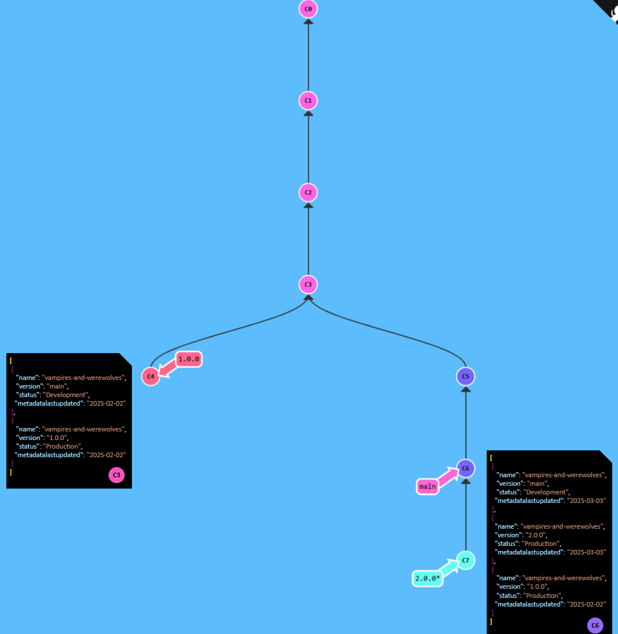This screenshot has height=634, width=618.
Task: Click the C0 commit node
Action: [x=308, y=9]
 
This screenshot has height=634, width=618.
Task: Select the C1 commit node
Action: [x=308, y=101]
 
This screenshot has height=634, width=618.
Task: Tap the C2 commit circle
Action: [x=308, y=192]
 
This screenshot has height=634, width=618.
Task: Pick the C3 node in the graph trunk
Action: [x=308, y=284]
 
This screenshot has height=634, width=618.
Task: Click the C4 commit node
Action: [x=150, y=377]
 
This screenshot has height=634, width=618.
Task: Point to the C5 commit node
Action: [x=465, y=377]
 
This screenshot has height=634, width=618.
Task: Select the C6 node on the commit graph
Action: [x=465, y=468]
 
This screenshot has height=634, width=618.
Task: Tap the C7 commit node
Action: [x=465, y=560]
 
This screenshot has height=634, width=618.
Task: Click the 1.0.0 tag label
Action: [x=188, y=359]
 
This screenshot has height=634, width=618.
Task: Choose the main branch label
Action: [x=427, y=487]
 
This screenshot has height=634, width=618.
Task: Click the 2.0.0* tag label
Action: [x=427, y=578]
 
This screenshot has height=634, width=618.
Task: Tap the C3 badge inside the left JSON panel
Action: [x=116, y=475]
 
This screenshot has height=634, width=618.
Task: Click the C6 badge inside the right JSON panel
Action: [x=595, y=625]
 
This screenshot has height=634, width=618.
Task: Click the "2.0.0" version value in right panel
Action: [x=535, y=535]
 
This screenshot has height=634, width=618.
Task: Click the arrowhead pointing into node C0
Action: [x=308, y=22]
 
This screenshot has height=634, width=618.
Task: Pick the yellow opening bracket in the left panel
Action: [x=11, y=360]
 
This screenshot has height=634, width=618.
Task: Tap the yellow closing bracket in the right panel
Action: [x=491, y=621]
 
